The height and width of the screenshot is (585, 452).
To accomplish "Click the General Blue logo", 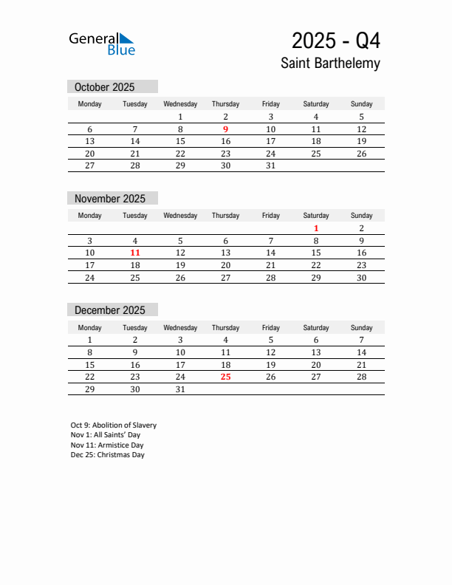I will tap(102, 44).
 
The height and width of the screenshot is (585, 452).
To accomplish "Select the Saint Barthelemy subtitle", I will tap(330, 64).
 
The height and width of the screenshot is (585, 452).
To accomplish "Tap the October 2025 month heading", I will tap(104, 87).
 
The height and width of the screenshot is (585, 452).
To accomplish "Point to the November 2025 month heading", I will tap(110, 199).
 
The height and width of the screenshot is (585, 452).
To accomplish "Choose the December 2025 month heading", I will tap(110, 310).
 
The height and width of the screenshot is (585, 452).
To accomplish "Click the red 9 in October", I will tap(225, 129).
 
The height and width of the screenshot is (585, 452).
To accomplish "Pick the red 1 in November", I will tap(316, 228).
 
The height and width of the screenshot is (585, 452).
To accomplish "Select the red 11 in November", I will tap(135, 253).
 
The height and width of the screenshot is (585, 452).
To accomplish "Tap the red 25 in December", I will tap(225, 377).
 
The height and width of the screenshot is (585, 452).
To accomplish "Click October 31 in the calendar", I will tap(270, 165).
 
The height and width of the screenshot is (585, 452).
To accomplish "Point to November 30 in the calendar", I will tap(361, 278).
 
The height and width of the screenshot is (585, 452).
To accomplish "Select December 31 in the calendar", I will tap(180, 389).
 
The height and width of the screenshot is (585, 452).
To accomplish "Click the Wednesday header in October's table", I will tap(180, 104).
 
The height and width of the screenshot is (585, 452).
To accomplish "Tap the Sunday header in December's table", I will tap(361, 327).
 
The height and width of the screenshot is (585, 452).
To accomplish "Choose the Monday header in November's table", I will tap(90, 216).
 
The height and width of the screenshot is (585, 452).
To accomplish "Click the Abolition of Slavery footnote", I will tap(114, 425).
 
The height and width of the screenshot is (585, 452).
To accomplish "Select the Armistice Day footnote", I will tap(107, 445).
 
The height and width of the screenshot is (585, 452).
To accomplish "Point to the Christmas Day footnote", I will tap(108, 455).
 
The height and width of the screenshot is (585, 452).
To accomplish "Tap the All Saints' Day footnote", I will tap(106, 435).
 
